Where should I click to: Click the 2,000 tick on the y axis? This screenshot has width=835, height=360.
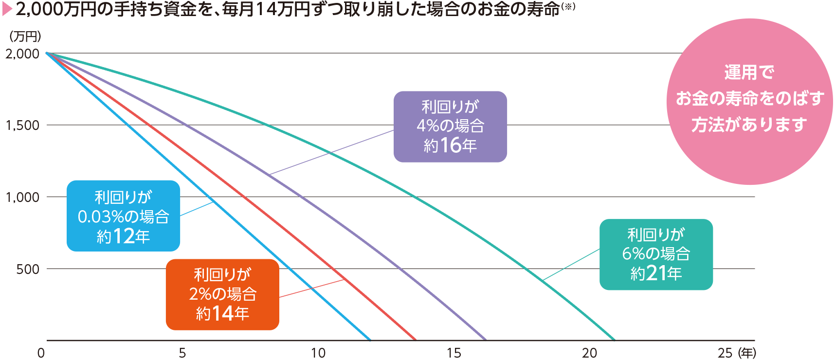tap(22, 54)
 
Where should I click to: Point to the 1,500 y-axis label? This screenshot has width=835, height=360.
tap(22, 126)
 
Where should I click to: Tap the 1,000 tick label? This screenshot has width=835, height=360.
tap(22, 198)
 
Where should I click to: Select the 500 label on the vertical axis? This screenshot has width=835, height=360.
tap(28, 270)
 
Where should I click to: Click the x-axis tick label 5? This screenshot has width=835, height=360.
tap(182, 353)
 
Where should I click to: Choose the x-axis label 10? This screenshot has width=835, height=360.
tap(318, 353)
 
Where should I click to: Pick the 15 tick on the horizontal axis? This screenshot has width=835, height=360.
tap(454, 353)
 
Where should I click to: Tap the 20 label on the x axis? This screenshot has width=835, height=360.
tap(589, 353)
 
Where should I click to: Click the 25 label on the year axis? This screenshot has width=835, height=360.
tap(725, 353)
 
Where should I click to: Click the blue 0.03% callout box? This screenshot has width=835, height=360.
tap(123, 216)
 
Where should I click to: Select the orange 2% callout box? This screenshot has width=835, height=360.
tap(222, 294)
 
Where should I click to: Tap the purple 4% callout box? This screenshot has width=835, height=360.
tap(450, 126)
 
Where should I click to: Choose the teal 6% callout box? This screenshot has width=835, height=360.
tap(656, 254)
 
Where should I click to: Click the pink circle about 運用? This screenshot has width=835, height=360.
tap(749, 101)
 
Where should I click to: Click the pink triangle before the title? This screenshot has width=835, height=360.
tap(7, 9)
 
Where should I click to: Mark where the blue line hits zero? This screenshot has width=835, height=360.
tap(370, 340)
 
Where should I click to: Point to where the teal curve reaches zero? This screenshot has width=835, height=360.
tap(615, 340)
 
